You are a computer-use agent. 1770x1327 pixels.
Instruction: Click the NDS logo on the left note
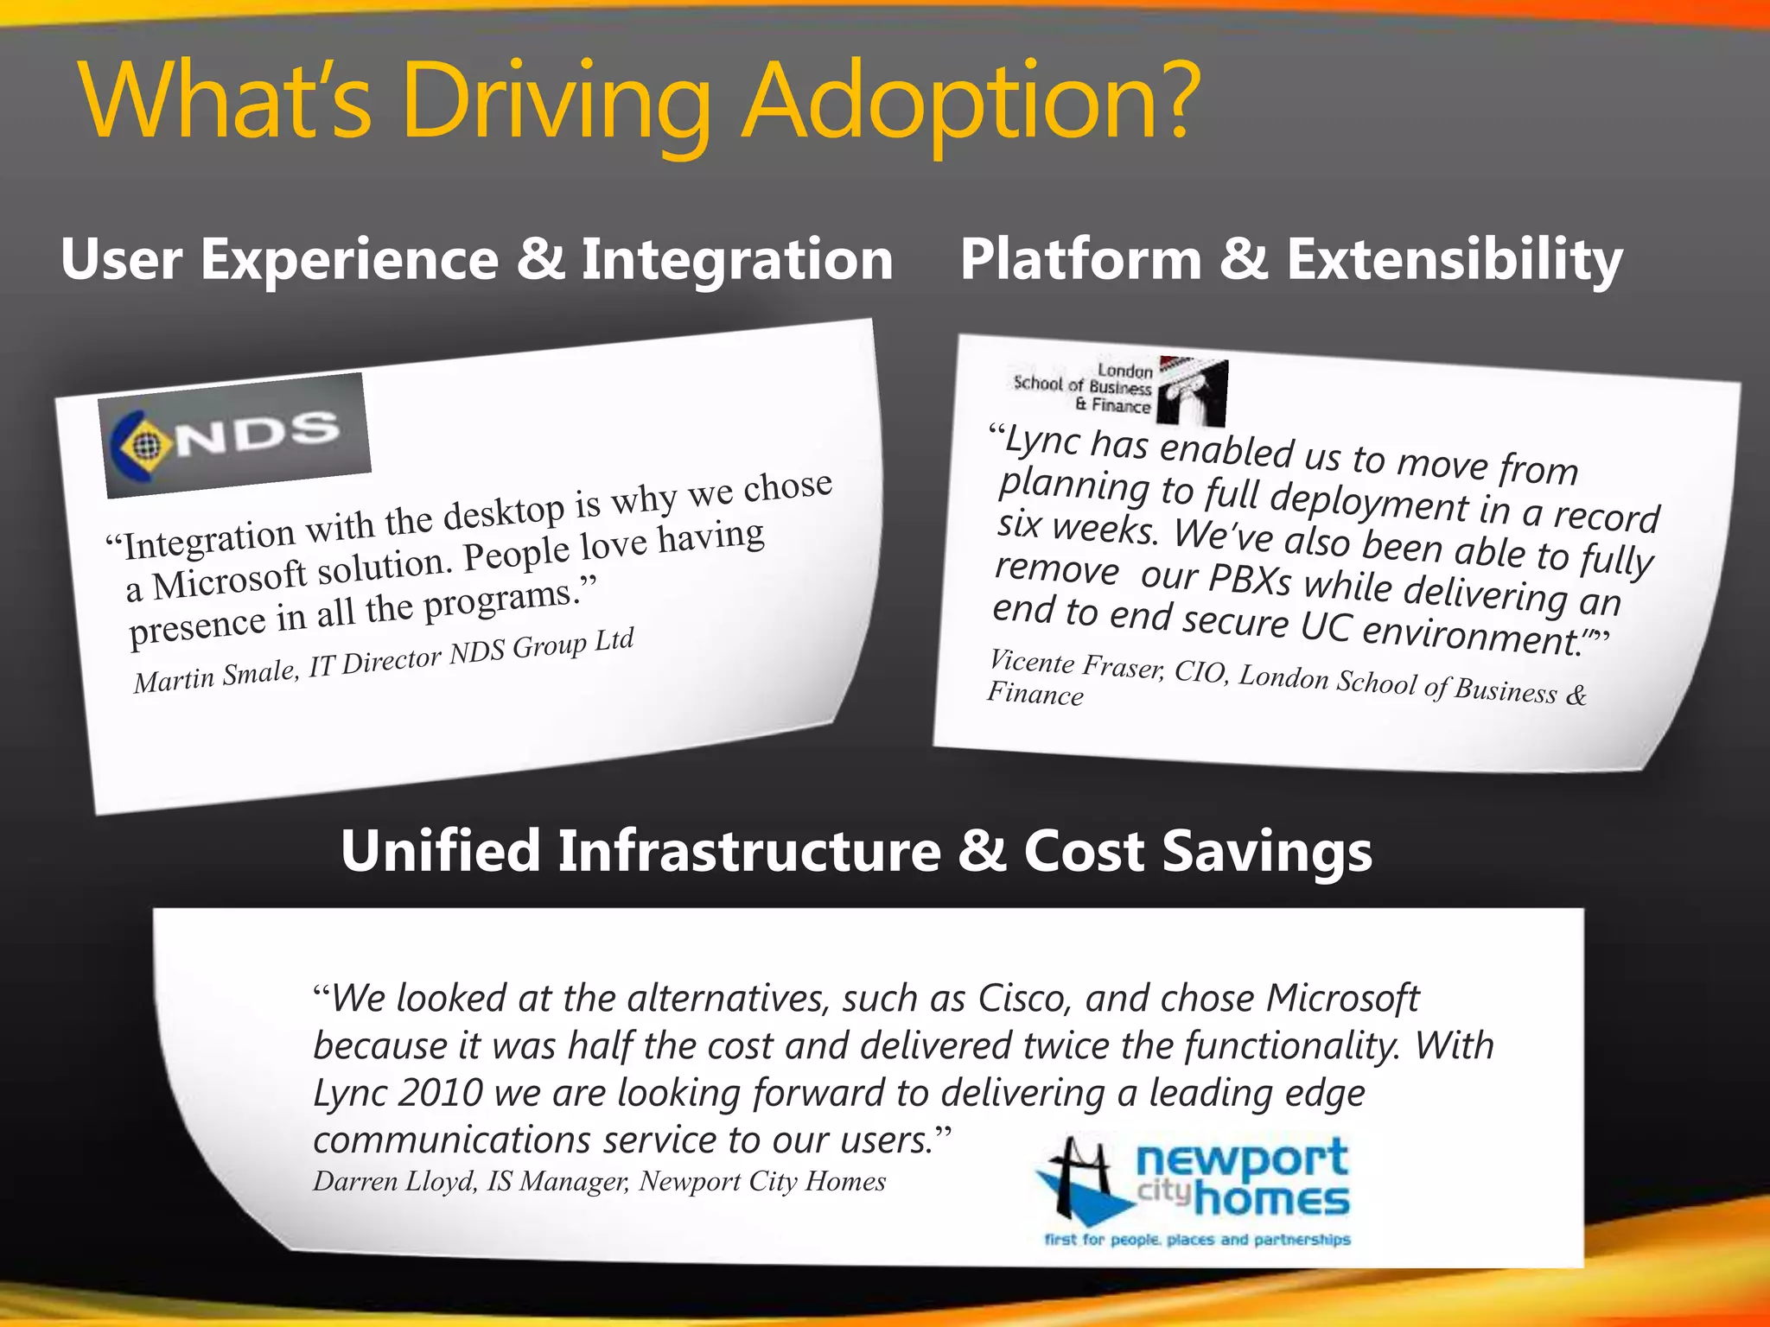tap(235, 436)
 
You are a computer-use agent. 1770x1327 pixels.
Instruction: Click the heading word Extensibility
tap(1454, 259)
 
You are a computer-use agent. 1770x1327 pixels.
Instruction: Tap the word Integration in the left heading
tap(736, 259)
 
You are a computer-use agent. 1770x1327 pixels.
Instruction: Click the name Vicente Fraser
tap(1076, 665)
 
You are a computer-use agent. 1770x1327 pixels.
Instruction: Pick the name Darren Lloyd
tap(394, 1181)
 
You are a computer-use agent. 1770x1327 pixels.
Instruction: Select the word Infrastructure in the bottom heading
tap(748, 851)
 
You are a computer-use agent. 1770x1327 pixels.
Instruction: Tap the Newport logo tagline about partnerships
tap(1197, 1240)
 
